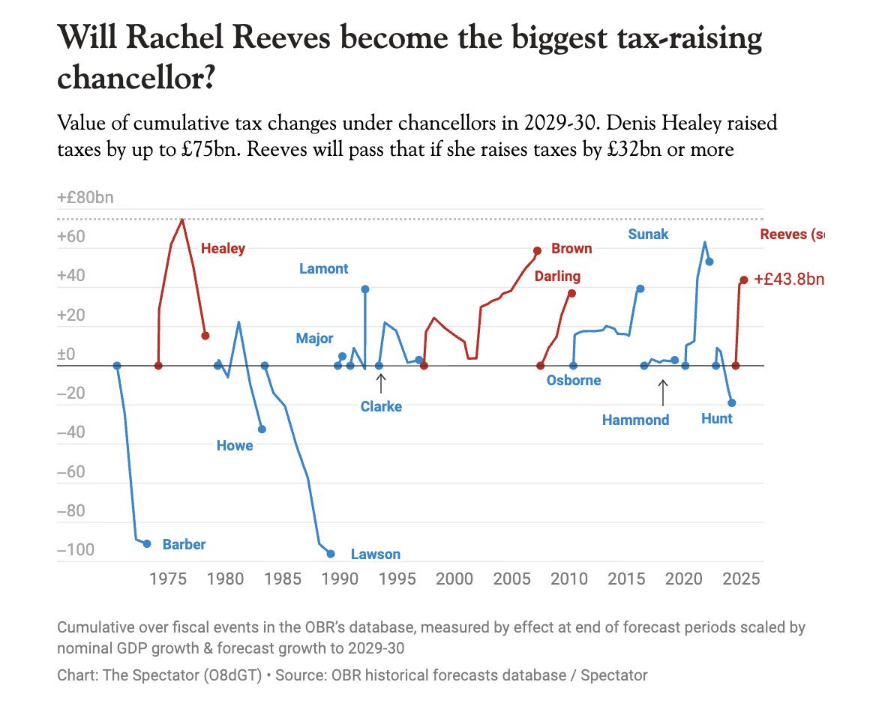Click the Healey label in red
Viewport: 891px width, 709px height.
(223, 249)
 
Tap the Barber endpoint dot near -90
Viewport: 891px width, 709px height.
(147, 543)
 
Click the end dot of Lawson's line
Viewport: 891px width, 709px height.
(331, 554)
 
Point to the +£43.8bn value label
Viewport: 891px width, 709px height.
(789, 279)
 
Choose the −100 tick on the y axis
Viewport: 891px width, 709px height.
(76, 550)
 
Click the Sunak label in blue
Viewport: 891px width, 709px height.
(648, 235)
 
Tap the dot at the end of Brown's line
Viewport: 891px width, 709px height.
(537, 251)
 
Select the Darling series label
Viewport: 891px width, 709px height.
(557, 277)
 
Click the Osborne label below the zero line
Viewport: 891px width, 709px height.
(574, 380)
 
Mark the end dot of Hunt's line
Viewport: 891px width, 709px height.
(732, 403)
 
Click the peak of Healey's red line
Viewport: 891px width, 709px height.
(181, 220)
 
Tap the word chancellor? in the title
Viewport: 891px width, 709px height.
(136, 77)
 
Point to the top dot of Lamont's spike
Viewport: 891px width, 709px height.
(365, 289)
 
